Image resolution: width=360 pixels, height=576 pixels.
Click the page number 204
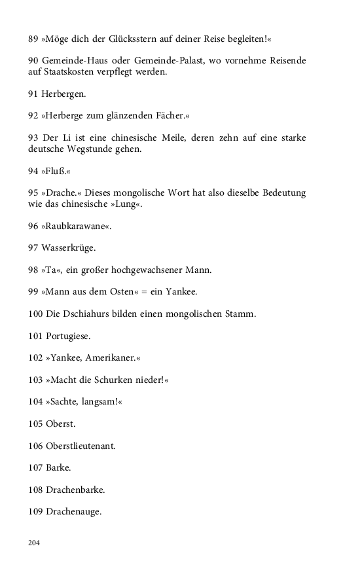click(35, 543)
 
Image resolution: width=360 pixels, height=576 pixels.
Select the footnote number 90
click(33, 61)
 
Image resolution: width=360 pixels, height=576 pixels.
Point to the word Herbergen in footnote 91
click(63, 94)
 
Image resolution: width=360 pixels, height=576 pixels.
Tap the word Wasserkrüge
click(68, 248)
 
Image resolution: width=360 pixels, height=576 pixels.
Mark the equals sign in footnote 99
click(141, 292)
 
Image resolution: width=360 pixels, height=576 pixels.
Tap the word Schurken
click(117, 380)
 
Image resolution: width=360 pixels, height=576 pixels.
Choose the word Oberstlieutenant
click(81, 446)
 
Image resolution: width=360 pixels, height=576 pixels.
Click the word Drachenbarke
click(76, 490)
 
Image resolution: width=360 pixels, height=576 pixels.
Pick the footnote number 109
click(36, 512)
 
